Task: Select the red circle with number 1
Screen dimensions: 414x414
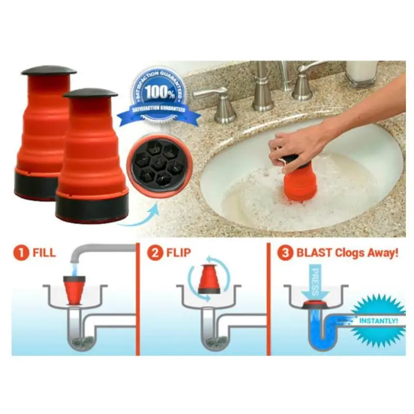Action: pos(22,255)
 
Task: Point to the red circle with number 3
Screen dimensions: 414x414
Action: pos(285,255)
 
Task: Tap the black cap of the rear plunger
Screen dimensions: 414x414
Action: pos(49,70)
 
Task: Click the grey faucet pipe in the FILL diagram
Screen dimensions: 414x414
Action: pos(103,249)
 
